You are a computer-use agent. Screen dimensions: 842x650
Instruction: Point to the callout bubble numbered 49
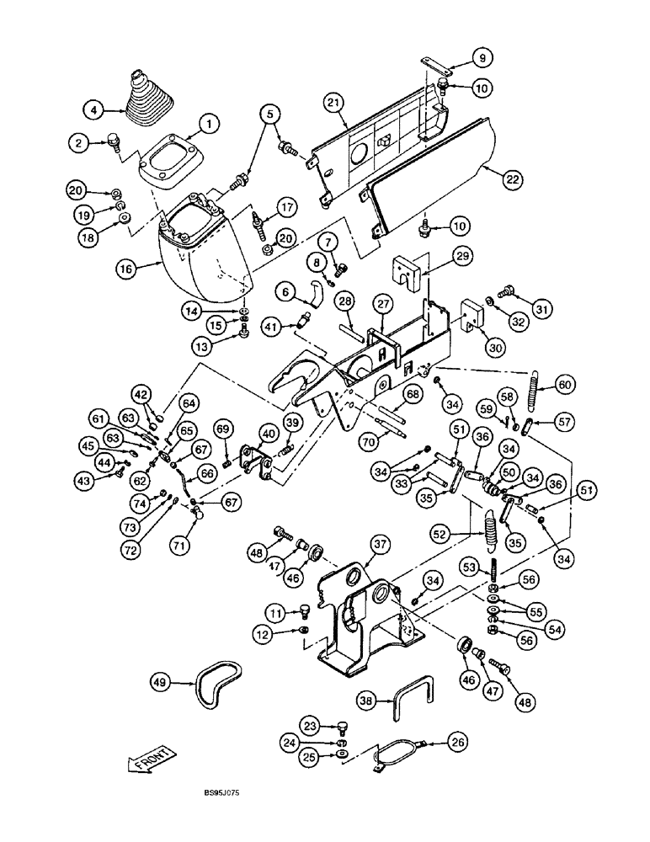click(163, 679)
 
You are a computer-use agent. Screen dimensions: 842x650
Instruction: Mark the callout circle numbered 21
click(334, 103)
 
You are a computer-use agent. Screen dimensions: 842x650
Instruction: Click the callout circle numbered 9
click(480, 58)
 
